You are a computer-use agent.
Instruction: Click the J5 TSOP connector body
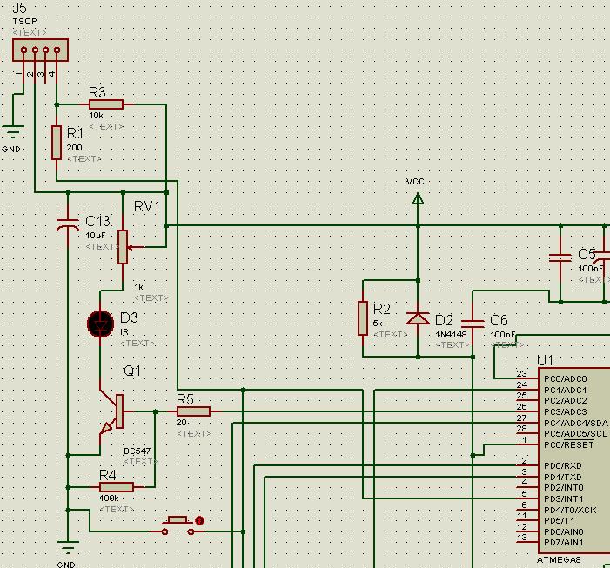(40, 50)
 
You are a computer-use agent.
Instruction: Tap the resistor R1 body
(57, 143)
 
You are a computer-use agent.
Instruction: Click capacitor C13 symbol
(68, 225)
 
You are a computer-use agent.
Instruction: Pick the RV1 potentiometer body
(123, 246)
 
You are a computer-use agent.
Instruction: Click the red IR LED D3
(101, 324)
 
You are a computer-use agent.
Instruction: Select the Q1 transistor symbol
(113, 412)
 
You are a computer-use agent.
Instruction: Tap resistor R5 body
(193, 411)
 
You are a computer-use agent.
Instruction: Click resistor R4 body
(116, 487)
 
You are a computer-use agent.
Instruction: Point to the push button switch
(178, 524)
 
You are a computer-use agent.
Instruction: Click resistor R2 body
(362, 318)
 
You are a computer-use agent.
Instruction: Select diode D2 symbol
(418, 318)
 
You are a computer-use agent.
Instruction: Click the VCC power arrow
(418, 199)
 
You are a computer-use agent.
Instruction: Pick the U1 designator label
(545, 361)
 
